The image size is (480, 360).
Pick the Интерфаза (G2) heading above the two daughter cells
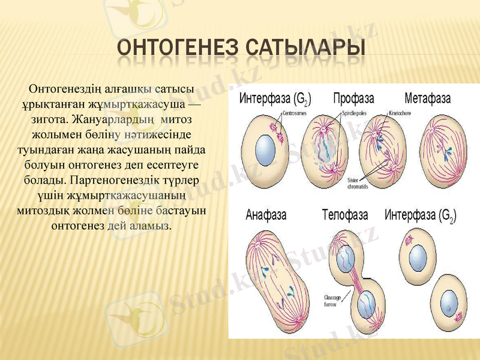(420, 215)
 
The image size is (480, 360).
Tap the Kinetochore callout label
(400, 112)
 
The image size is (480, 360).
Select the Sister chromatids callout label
(358, 184)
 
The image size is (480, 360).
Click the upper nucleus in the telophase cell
(346, 258)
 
